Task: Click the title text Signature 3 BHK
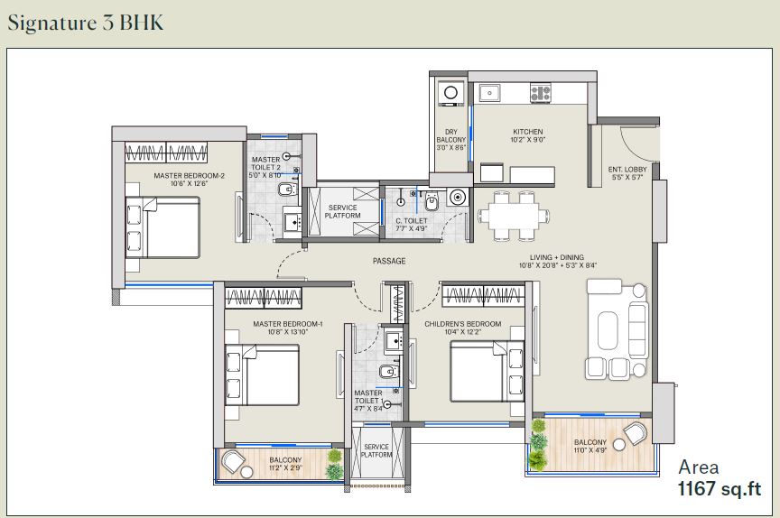(86, 23)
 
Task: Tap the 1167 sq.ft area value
(720, 488)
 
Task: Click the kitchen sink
(490, 93)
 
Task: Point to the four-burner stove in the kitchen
(540, 93)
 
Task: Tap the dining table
(514, 217)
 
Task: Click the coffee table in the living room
(608, 330)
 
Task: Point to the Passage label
(389, 261)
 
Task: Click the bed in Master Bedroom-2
(162, 227)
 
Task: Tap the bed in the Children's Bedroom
(487, 371)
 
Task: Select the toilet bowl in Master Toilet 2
(287, 190)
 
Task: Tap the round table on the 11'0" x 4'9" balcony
(618, 444)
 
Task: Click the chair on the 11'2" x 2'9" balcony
(233, 461)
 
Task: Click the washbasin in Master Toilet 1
(394, 341)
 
